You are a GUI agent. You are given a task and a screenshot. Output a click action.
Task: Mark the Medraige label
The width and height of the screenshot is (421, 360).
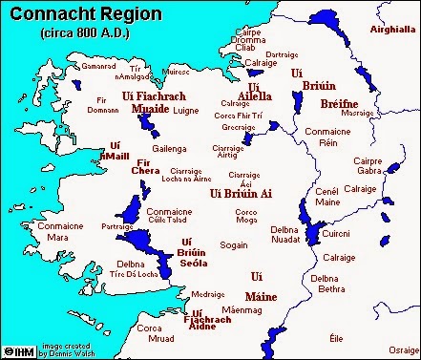point(207,294)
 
